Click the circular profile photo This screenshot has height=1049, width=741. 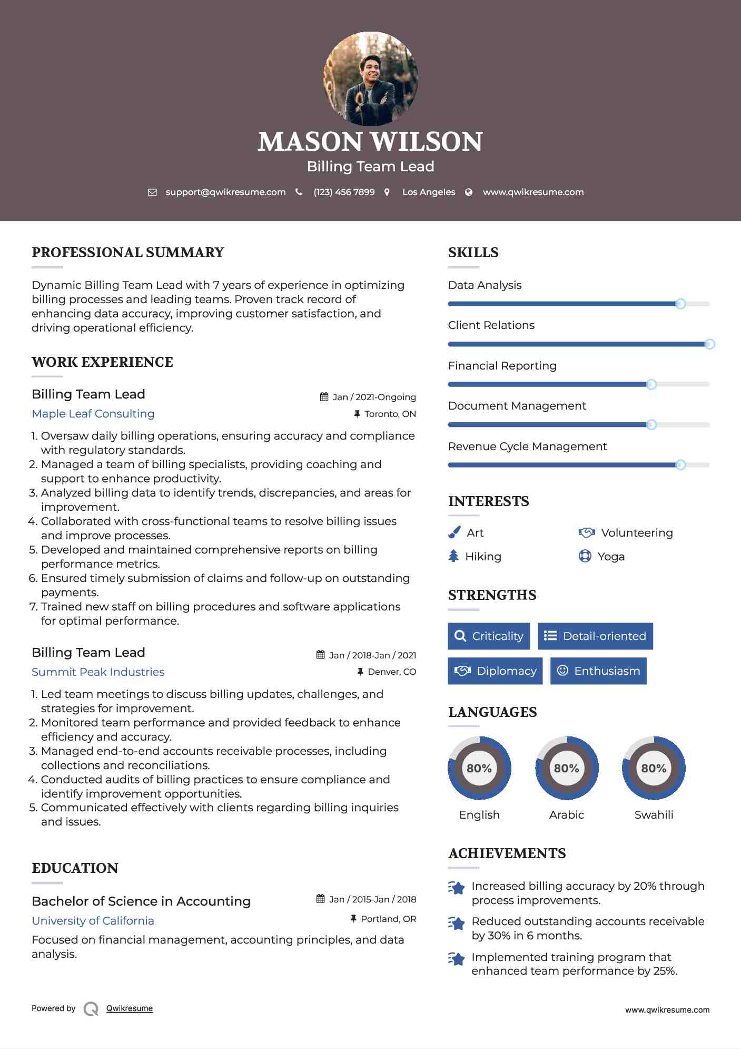pyautogui.click(x=371, y=79)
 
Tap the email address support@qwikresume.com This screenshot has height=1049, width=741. pyautogui.click(x=225, y=192)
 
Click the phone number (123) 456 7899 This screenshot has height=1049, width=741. pyautogui.click(x=344, y=192)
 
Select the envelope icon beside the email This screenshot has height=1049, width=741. pyautogui.click(x=152, y=192)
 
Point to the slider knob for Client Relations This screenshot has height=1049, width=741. pyautogui.click(x=709, y=344)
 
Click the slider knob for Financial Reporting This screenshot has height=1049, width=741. pyautogui.click(x=651, y=384)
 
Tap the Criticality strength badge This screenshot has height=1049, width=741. pyautogui.click(x=489, y=636)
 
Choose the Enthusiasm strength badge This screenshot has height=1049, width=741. pyautogui.click(x=598, y=671)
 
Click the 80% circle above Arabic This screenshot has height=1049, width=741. pyautogui.click(x=567, y=768)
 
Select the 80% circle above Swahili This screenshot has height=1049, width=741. pyautogui.click(x=654, y=768)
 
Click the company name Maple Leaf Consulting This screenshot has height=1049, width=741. pyautogui.click(x=93, y=414)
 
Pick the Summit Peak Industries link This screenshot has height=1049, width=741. pyautogui.click(x=98, y=672)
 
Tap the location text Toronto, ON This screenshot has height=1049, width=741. pyautogui.click(x=390, y=414)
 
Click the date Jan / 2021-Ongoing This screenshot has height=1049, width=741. pyautogui.click(x=374, y=397)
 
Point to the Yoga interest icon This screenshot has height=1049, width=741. pyautogui.click(x=585, y=557)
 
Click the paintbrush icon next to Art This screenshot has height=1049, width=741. pyautogui.click(x=454, y=533)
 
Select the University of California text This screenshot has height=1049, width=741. pyautogui.click(x=93, y=921)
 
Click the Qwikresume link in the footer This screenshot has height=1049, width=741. pyautogui.click(x=130, y=1008)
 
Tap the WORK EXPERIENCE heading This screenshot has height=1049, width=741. pyautogui.click(x=102, y=362)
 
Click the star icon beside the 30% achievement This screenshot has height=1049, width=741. pyautogui.click(x=457, y=924)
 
